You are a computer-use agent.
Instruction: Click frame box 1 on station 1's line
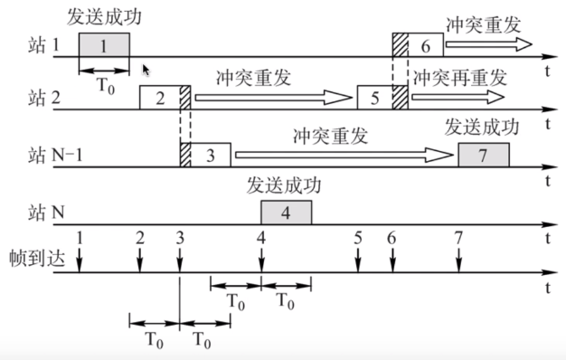click(104, 44)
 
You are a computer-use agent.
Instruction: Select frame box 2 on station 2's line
click(159, 99)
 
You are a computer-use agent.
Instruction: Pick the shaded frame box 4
click(286, 213)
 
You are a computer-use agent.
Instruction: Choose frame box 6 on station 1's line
click(424, 44)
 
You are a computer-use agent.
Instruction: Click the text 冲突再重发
click(460, 76)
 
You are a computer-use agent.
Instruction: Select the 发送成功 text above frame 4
click(284, 186)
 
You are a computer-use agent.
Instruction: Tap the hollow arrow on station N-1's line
click(344, 156)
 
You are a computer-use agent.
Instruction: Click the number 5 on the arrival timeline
click(358, 238)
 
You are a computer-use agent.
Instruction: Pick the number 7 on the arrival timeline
click(458, 238)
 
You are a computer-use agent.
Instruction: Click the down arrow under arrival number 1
click(80, 260)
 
